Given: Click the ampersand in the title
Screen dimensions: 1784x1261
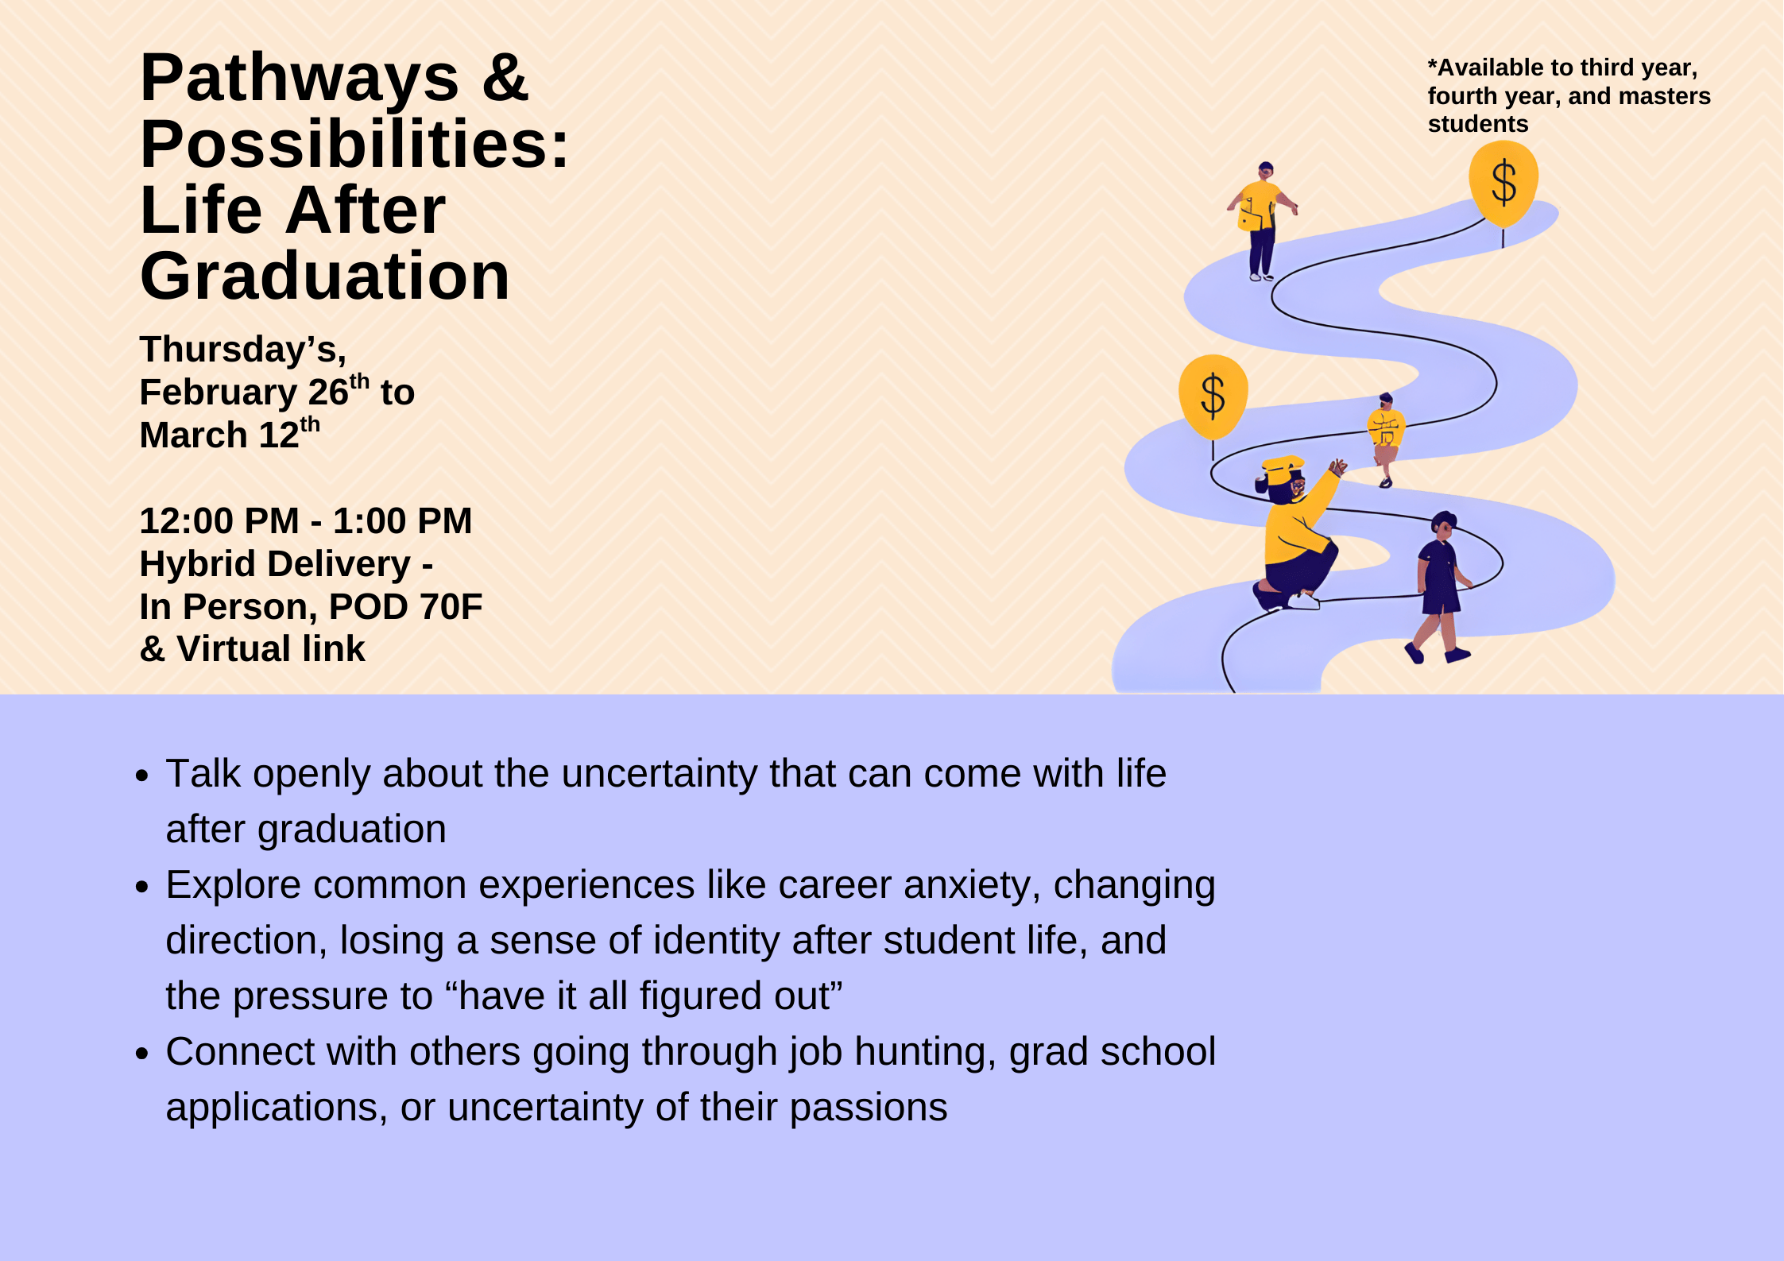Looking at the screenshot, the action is (x=505, y=78).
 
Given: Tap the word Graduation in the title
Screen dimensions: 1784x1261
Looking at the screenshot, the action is (x=325, y=276).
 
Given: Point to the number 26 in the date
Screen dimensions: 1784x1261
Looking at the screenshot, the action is (x=328, y=393).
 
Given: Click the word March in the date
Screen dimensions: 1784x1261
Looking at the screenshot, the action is (x=193, y=435).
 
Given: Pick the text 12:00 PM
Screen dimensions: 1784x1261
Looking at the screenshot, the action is (x=219, y=521).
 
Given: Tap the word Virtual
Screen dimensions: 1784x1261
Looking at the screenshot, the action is (x=234, y=649).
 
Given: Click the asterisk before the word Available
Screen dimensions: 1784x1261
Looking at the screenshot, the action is (x=1433, y=64).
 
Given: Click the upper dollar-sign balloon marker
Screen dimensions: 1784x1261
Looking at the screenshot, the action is (x=1503, y=185).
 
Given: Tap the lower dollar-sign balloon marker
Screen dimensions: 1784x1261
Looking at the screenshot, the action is (x=1213, y=397).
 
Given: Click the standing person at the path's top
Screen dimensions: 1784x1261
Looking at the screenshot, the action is (x=1262, y=221).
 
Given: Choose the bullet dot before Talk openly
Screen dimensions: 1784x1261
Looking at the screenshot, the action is (x=142, y=776).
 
